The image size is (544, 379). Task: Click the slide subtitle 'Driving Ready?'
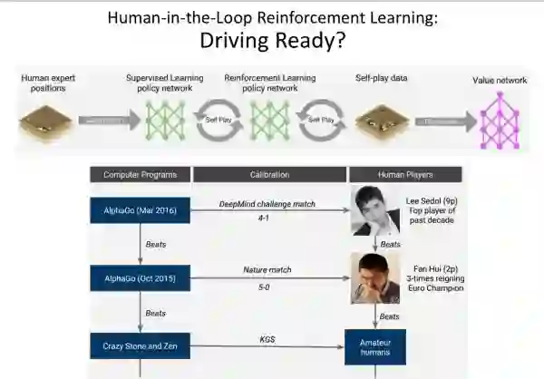(x=272, y=41)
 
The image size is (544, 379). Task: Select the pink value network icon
(x=496, y=119)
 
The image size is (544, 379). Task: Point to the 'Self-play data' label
(x=381, y=79)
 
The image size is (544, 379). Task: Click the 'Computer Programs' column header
(x=140, y=174)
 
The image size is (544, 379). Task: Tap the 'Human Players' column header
(x=405, y=174)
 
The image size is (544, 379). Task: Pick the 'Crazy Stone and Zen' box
(x=140, y=345)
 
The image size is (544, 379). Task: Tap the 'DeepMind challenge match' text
(x=267, y=204)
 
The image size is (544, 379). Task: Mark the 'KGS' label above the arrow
(x=267, y=337)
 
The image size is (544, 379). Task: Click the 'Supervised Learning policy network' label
(x=164, y=83)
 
